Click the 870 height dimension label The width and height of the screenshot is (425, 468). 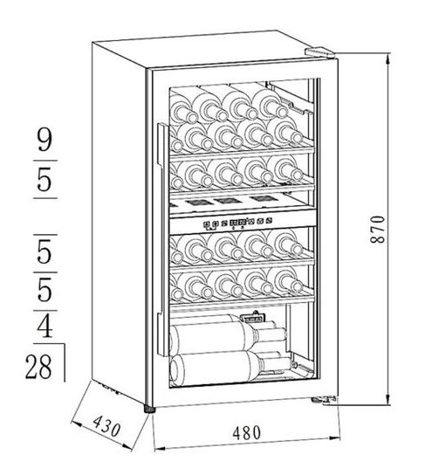(x=377, y=229)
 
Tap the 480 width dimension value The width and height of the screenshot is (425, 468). (x=246, y=433)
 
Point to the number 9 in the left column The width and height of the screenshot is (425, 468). (x=45, y=140)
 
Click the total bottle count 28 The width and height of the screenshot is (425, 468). (x=38, y=367)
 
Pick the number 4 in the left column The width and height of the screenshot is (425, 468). (x=45, y=327)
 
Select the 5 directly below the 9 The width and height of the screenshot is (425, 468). (x=45, y=180)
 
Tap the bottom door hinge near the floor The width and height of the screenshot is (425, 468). (x=324, y=400)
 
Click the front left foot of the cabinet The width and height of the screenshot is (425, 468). (x=149, y=409)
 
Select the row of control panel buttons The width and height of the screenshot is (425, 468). (x=237, y=223)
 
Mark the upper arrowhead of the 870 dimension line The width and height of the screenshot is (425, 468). (x=387, y=58)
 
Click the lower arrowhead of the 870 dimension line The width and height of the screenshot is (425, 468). (x=387, y=399)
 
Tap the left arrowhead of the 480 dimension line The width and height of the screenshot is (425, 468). (x=159, y=448)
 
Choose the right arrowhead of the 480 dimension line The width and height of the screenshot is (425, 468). (x=334, y=438)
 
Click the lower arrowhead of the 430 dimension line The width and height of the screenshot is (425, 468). (x=127, y=447)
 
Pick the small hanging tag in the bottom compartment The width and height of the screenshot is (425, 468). (x=253, y=318)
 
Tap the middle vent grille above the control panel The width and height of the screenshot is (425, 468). (x=227, y=201)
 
